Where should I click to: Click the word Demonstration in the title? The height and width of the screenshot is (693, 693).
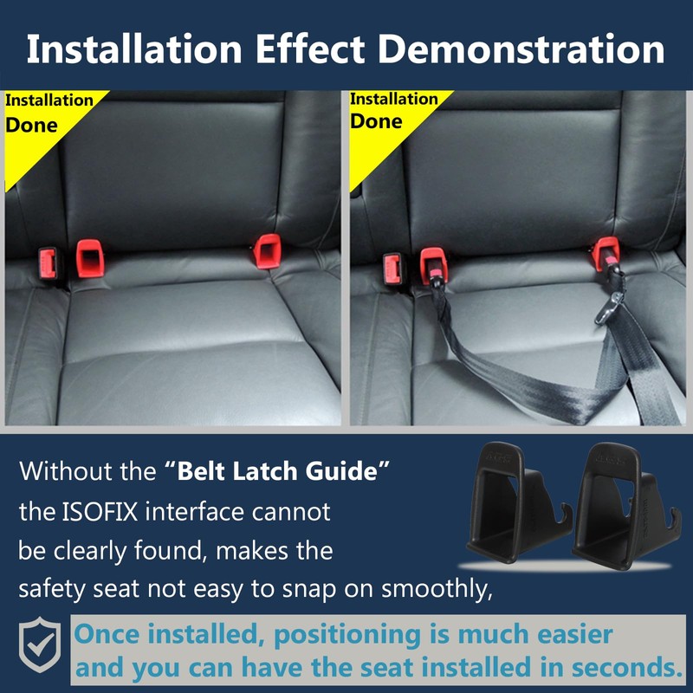pos(522,49)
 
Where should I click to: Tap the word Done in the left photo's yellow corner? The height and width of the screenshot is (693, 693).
pos(32,124)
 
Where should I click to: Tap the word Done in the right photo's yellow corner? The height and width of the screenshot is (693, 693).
pos(376,120)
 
